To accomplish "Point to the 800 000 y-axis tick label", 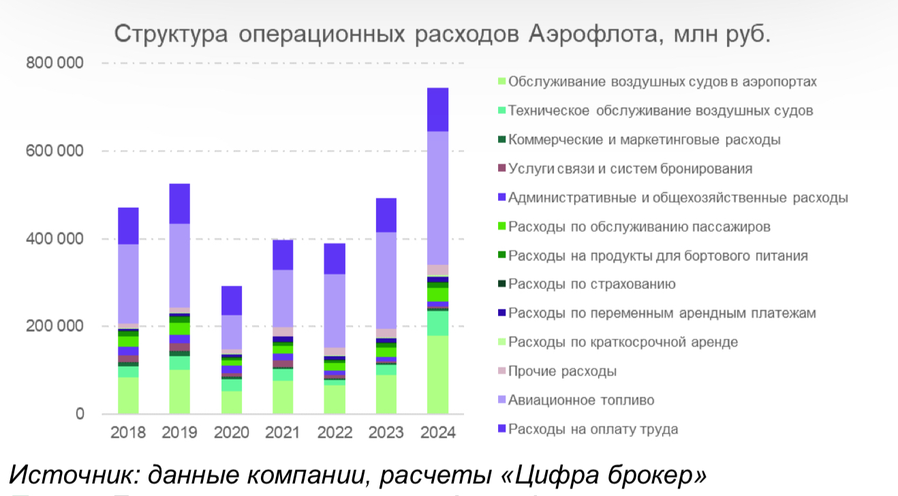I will pos(55,63).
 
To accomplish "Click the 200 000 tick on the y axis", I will pos(55,326).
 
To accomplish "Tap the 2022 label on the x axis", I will pos(334,433).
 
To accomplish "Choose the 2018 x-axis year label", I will pos(128,433).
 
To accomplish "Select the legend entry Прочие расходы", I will pos(562,372).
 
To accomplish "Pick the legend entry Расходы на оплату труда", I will pos(593,429).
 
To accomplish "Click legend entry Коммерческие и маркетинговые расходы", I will pos(644,140).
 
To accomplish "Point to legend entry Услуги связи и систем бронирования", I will pos(630,169).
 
